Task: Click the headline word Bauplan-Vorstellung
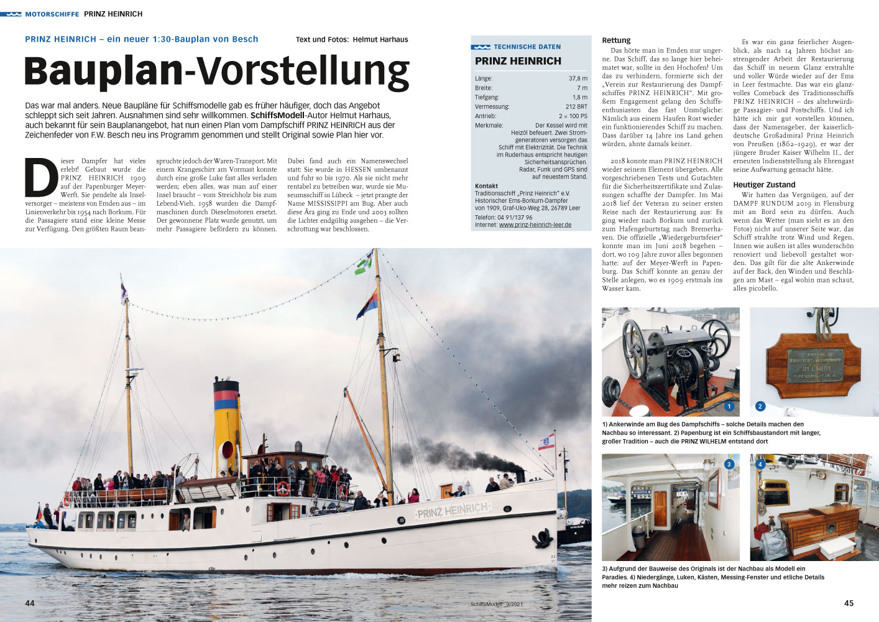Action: click(216, 72)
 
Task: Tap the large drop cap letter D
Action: click(42, 178)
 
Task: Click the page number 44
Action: click(30, 603)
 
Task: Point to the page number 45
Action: click(849, 603)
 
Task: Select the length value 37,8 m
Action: click(578, 79)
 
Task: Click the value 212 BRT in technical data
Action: click(576, 107)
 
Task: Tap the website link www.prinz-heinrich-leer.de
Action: click(535, 225)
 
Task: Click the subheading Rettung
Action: click(616, 40)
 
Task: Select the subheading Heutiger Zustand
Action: click(764, 185)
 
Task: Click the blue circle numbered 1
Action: click(729, 406)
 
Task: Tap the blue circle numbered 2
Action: click(760, 406)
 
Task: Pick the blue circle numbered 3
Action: click(729, 464)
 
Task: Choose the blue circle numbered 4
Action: click(760, 464)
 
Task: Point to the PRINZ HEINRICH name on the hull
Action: click(453, 511)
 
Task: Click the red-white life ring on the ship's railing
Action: click(283, 489)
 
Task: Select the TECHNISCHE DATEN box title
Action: click(527, 47)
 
